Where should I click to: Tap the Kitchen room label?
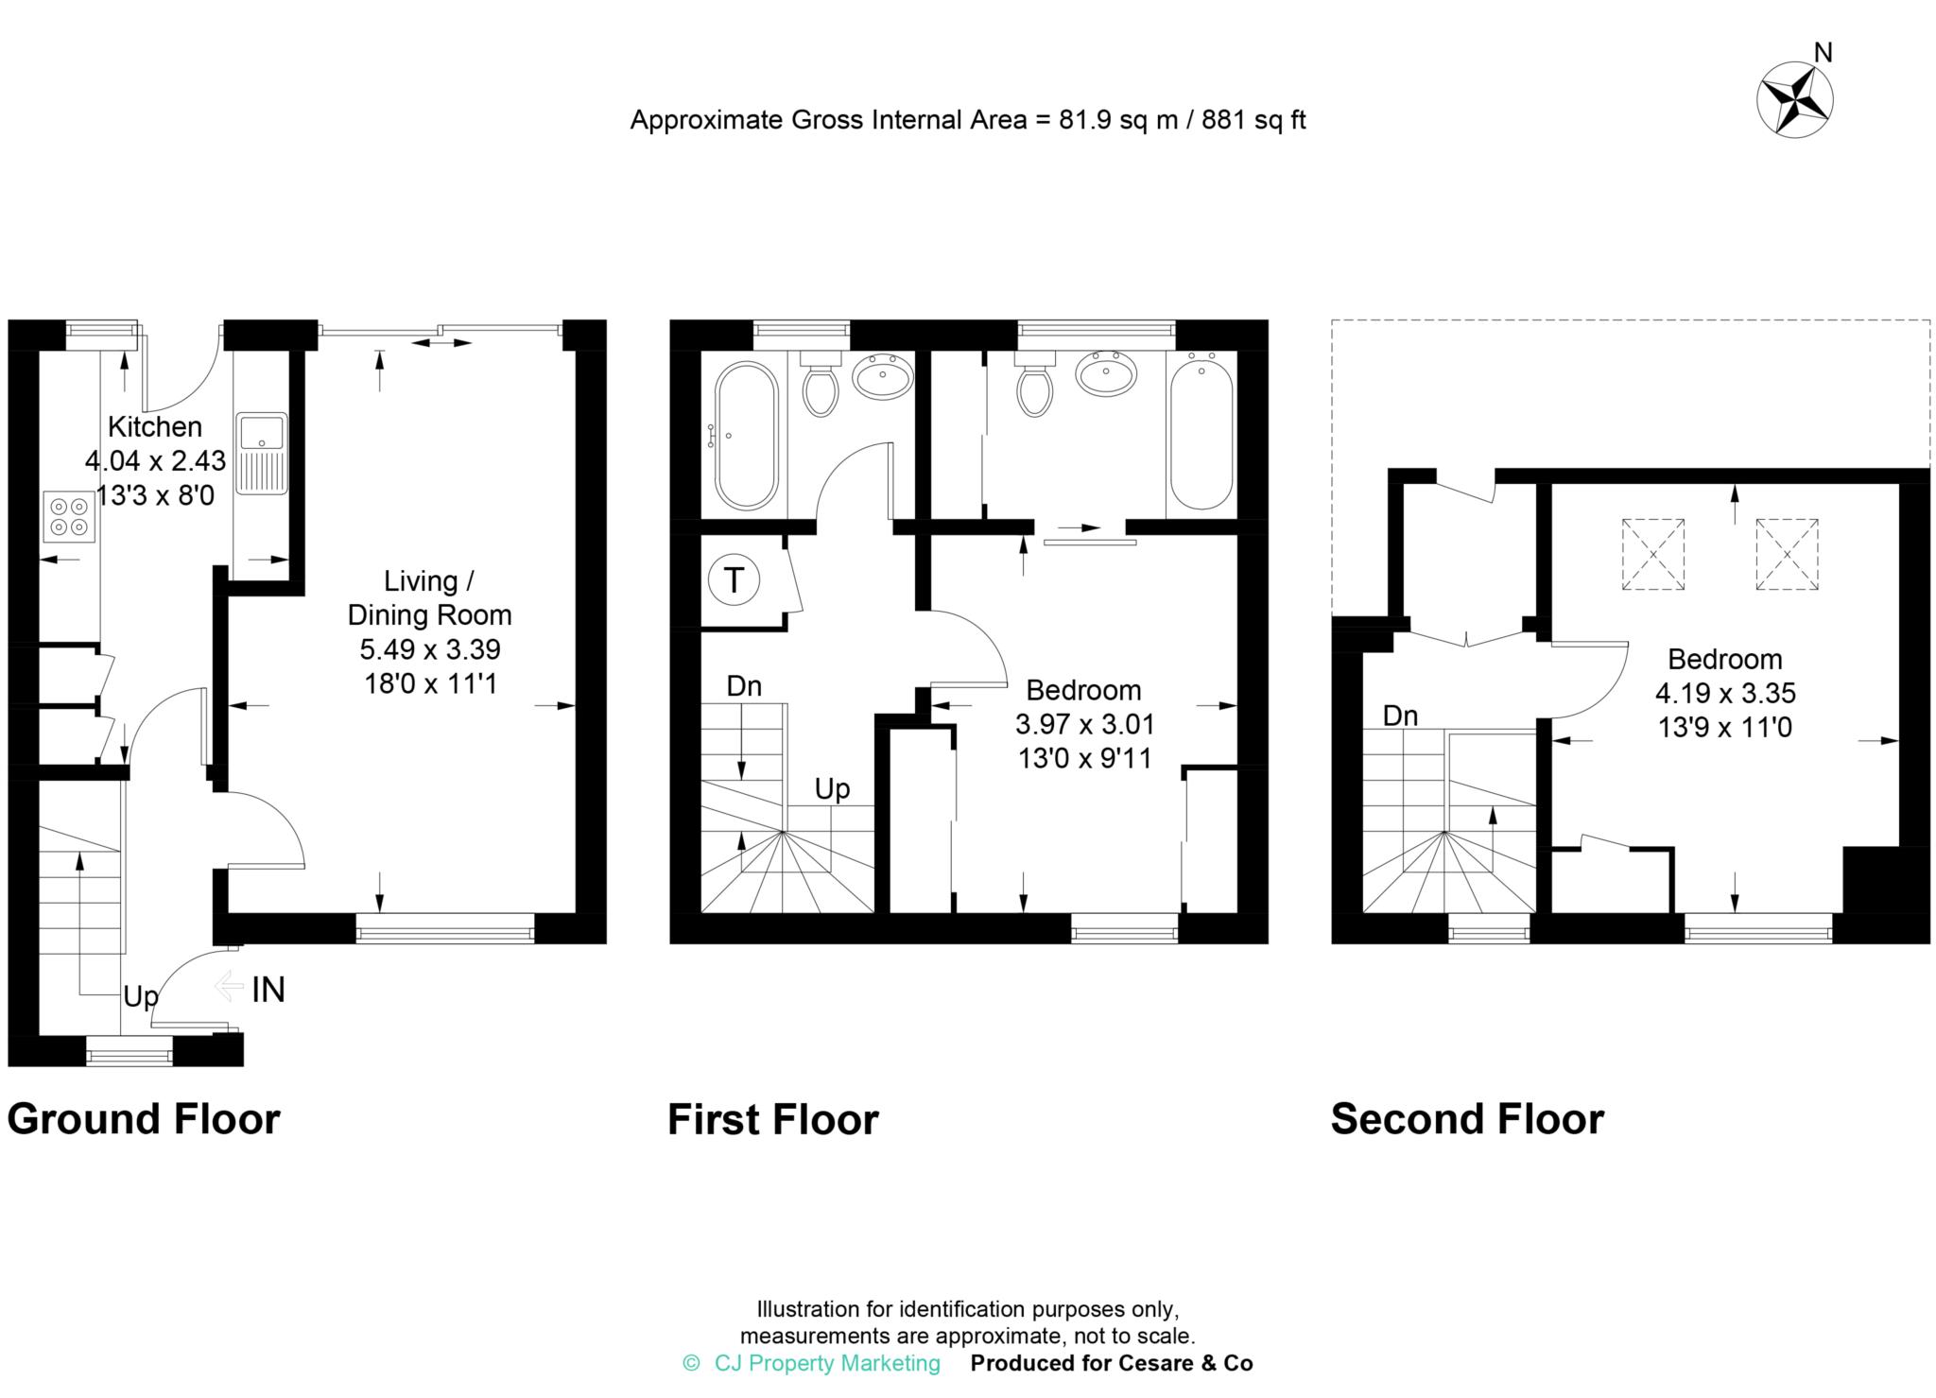tap(155, 427)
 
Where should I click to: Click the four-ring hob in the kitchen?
tap(70, 516)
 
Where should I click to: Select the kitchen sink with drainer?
tap(261, 453)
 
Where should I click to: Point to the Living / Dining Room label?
tap(429, 597)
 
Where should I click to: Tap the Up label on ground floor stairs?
tap(140, 997)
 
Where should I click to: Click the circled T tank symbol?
tap(734, 579)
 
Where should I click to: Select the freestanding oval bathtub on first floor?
tap(746, 436)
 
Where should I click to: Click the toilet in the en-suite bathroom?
tap(1034, 388)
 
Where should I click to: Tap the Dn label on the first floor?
tap(744, 686)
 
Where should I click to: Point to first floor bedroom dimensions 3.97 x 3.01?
tap(1084, 725)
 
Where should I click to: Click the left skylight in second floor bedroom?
tap(1653, 555)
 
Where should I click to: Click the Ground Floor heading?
tap(144, 1119)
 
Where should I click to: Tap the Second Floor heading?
tap(1467, 1119)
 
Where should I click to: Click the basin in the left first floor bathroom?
tap(882, 376)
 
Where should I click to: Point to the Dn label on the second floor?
tap(1400, 716)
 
